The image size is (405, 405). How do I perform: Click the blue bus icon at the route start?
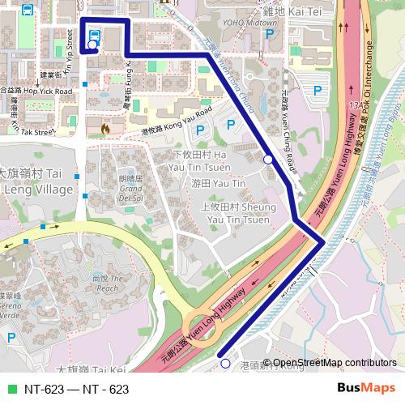[95, 35]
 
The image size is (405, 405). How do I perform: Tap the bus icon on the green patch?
[27, 11]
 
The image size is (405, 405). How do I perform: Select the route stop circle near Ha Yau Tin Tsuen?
[268, 160]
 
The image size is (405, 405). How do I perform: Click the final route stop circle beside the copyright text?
[225, 364]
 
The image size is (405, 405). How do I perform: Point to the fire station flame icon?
[105, 126]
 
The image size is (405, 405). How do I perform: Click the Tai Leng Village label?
[32, 181]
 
